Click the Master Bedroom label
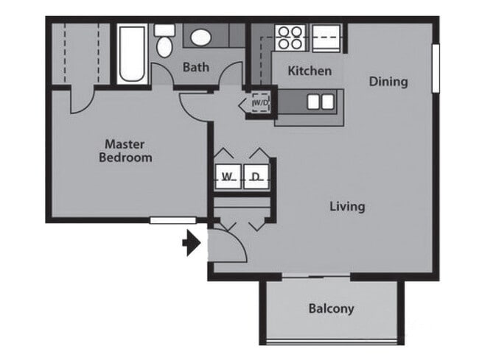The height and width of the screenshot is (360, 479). pos(127,150)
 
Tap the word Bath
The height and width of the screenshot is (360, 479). pos(195,67)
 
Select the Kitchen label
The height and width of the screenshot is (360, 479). pos(309,71)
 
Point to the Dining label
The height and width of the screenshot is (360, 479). pos(388,81)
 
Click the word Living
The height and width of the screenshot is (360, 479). pos(346,206)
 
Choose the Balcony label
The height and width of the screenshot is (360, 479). pos(331,308)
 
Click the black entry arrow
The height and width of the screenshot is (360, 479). pos(192,243)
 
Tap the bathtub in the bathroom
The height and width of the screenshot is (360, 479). pos(133,53)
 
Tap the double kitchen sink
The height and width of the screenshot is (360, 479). pos(320,102)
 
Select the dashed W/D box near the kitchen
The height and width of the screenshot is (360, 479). pos(260,103)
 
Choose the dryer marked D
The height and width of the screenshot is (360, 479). pos(255,177)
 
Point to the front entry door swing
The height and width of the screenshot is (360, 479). pos(228,247)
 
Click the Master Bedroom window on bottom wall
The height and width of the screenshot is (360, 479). pos(172,219)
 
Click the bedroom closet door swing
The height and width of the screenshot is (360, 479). pos(83,99)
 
